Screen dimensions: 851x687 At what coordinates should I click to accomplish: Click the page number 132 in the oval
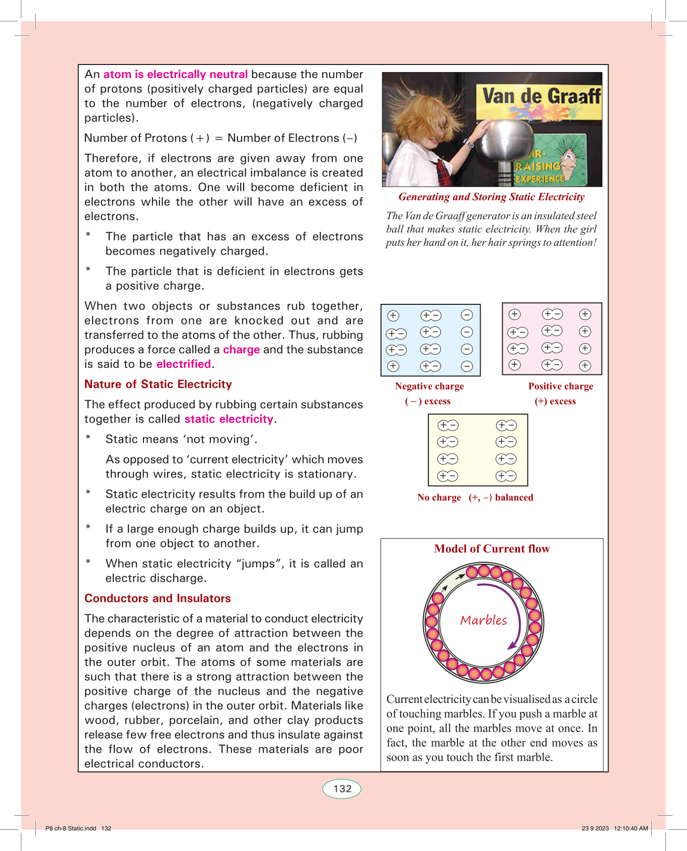pyautogui.click(x=342, y=789)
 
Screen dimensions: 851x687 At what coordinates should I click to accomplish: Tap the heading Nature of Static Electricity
pyautogui.click(x=158, y=384)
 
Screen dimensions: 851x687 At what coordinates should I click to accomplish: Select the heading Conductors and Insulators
pyautogui.click(x=158, y=599)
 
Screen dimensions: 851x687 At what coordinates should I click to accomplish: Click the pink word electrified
pyautogui.click(x=184, y=364)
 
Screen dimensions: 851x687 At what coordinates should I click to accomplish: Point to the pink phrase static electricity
pyautogui.click(x=228, y=419)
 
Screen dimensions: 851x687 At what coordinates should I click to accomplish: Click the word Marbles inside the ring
pyautogui.click(x=484, y=620)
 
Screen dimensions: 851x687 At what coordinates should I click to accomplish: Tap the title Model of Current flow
pyautogui.click(x=492, y=549)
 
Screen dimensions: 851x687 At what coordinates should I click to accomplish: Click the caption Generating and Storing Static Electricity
pyautogui.click(x=491, y=197)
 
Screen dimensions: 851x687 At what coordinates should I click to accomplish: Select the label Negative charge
pyautogui.click(x=429, y=386)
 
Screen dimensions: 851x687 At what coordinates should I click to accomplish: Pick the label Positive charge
pyautogui.click(x=561, y=386)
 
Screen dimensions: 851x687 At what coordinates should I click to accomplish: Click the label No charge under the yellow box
pyautogui.click(x=439, y=498)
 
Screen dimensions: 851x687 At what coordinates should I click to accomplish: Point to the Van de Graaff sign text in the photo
pyautogui.click(x=541, y=96)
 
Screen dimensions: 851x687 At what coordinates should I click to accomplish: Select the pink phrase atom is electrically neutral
pyautogui.click(x=175, y=75)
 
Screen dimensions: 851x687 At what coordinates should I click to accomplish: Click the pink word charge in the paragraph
pyautogui.click(x=241, y=350)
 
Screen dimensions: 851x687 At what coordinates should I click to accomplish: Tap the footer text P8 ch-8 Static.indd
pyautogui.click(x=70, y=828)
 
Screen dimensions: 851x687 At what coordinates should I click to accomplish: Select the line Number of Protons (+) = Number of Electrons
pyautogui.click(x=220, y=138)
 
